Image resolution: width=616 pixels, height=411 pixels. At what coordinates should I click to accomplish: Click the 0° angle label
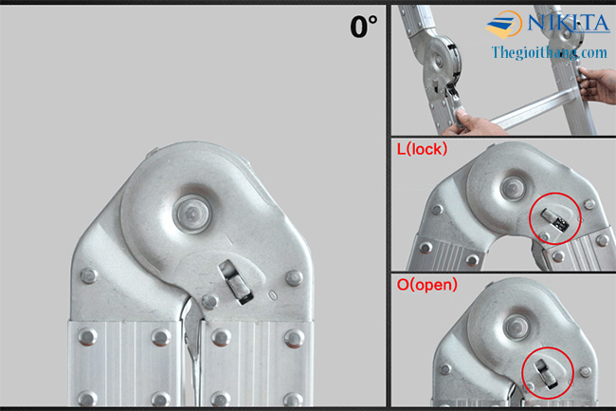363,27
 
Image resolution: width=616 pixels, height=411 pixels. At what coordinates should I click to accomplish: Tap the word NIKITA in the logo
568,23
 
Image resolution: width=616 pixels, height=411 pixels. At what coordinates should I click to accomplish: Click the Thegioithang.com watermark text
550,52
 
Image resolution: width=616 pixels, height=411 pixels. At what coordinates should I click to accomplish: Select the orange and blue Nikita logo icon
503,25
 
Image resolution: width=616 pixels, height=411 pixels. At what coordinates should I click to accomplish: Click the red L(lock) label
422,149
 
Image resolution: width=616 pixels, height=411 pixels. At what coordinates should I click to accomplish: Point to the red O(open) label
427,285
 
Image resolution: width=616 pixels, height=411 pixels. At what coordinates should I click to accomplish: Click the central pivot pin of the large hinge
192,214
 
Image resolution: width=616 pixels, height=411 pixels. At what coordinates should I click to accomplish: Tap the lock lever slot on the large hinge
236,282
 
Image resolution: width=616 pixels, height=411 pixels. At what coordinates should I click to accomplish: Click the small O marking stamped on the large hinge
272,295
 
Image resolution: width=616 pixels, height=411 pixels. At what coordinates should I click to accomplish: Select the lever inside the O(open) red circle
546,373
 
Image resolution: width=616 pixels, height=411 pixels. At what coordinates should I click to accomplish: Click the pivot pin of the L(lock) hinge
513,188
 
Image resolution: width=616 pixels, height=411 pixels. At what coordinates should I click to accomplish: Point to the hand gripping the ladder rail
597,84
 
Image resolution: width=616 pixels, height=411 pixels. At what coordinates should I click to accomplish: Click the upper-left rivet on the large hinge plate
89,275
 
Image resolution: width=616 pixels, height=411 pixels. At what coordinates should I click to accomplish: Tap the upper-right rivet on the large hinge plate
294,278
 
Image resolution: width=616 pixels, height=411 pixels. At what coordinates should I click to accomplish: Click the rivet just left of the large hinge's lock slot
209,301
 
